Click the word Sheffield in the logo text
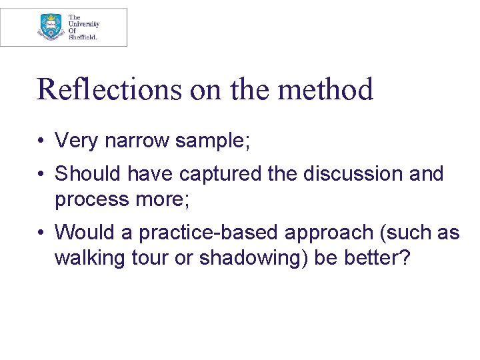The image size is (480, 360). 83,38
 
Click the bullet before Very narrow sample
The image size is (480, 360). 41,141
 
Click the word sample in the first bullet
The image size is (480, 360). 211,141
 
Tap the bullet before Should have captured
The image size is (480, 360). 41,174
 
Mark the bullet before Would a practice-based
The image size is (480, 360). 41,233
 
